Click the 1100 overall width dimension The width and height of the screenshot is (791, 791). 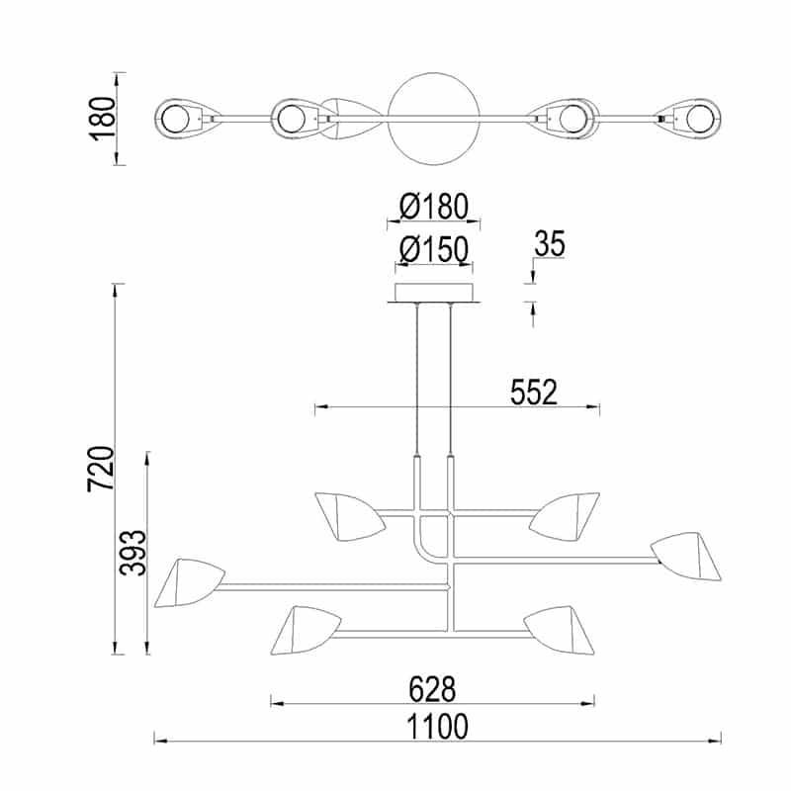coord(437,727)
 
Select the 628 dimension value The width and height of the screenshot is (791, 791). coord(432,689)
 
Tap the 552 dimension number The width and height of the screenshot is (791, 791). coord(534,392)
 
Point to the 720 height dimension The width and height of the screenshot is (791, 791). coord(102,469)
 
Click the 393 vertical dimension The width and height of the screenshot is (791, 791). coord(132,553)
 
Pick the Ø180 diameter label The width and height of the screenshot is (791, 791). coord(434,207)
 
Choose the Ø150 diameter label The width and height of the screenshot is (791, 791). coord(434,250)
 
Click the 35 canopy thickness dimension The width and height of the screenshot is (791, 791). coord(550,244)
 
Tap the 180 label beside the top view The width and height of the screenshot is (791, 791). coord(102,119)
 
